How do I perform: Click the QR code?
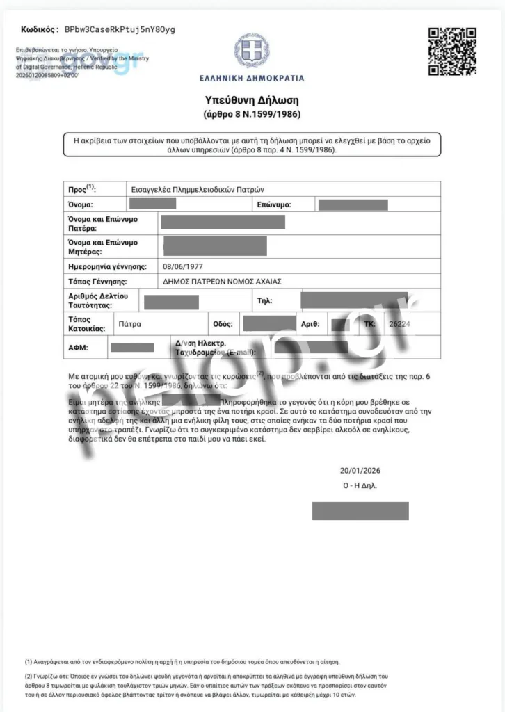(x=451, y=51)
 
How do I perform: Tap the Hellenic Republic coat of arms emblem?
(x=252, y=50)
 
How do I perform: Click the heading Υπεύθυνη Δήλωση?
(x=252, y=99)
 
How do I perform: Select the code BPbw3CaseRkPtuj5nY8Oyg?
(x=120, y=29)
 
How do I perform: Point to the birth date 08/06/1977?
(x=183, y=266)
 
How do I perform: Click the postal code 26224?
(x=400, y=324)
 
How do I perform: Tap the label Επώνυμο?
(x=273, y=205)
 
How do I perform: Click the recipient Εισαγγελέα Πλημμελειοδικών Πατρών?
(x=198, y=189)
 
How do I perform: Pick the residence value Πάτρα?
(x=130, y=324)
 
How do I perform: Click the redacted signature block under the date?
(x=360, y=510)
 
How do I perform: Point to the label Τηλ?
(x=264, y=302)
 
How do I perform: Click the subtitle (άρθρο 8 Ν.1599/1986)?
(x=252, y=114)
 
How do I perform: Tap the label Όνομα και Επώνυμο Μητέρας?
(x=102, y=247)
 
